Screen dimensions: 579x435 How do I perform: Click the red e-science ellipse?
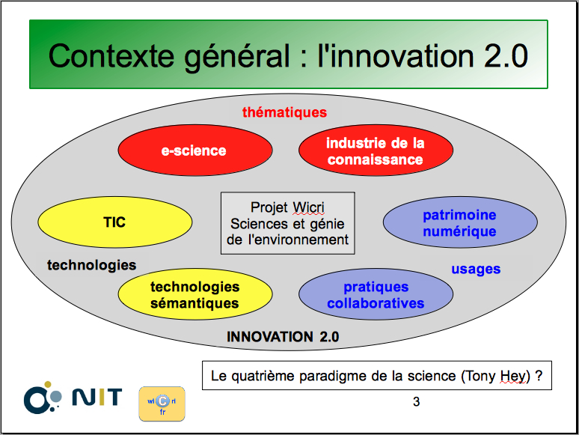coord(195,150)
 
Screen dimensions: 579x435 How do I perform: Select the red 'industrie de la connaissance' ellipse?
coord(376,150)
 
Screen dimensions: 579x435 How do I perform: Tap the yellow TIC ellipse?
coord(115,222)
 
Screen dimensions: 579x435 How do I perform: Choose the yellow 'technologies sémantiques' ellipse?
coord(195,294)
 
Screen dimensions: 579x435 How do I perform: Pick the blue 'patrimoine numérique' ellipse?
coord(460,222)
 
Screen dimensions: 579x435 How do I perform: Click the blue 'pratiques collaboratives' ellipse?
coord(376,294)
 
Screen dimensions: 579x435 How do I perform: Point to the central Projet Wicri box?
coord(288,223)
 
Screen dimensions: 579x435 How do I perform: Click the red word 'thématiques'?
coord(284,112)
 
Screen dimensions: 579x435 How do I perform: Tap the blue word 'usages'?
coord(476,269)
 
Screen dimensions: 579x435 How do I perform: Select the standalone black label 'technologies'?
coord(91,265)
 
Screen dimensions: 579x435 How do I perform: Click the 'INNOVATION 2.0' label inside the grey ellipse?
coord(283,337)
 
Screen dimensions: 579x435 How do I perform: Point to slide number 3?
coord(416,402)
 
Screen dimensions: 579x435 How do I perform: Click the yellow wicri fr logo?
coord(162,404)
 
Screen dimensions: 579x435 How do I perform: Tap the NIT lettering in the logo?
coord(97,397)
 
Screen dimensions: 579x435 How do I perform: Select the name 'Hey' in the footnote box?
coord(512,377)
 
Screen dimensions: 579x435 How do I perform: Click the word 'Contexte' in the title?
coord(111,56)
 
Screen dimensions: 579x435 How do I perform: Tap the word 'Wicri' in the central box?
coord(308,207)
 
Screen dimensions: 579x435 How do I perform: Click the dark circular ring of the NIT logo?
coord(36,401)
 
